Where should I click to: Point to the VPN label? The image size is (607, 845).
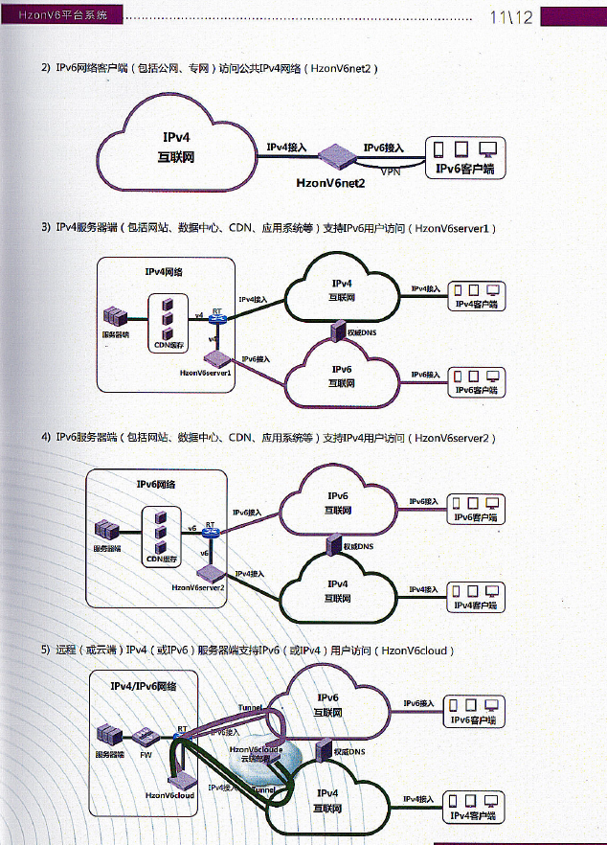pyautogui.click(x=391, y=172)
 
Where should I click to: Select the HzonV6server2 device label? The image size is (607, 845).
pyautogui.click(x=198, y=586)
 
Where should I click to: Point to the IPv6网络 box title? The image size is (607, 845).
pyautogui.click(x=156, y=485)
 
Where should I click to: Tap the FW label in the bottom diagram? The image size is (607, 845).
pyautogui.click(x=146, y=754)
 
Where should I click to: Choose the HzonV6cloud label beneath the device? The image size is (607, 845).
pyautogui.click(x=170, y=795)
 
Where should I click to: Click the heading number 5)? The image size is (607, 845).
pyautogui.click(x=45, y=651)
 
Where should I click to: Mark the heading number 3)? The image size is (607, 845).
pyautogui.click(x=45, y=228)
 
